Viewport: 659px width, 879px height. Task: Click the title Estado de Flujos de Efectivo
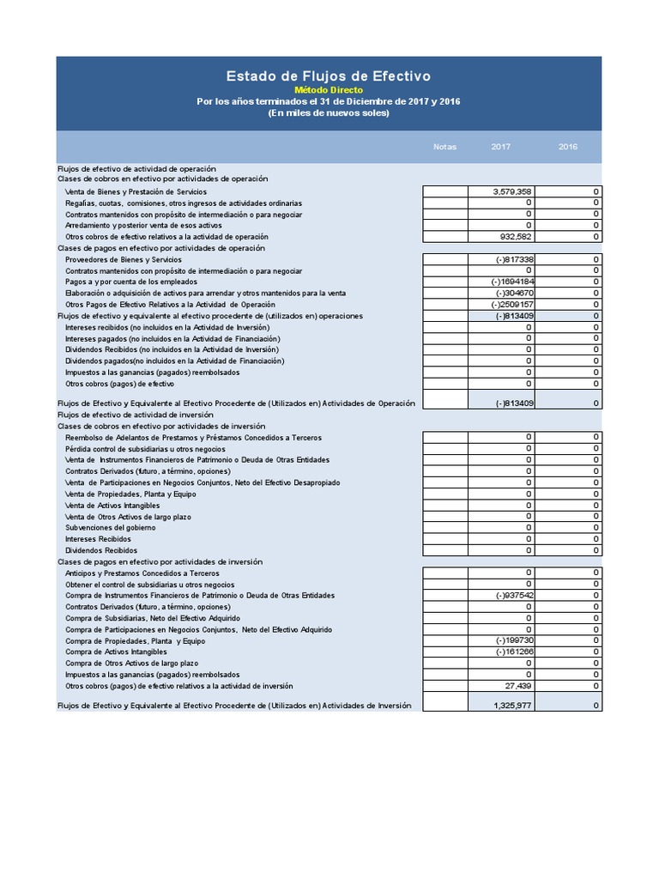[x=329, y=76]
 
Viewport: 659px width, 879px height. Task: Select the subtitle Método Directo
[x=329, y=90]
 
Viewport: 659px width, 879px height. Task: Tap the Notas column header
[x=444, y=147]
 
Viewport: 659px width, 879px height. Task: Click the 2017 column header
[x=501, y=147]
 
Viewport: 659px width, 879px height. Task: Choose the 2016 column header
[x=568, y=147]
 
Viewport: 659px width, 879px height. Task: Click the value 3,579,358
[x=513, y=191]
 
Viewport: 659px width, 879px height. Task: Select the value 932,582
[x=517, y=236]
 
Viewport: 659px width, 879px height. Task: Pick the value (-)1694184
[x=513, y=282]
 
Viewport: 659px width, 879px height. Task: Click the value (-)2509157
[x=513, y=305]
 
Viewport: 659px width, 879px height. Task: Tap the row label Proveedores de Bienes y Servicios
[x=124, y=259]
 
